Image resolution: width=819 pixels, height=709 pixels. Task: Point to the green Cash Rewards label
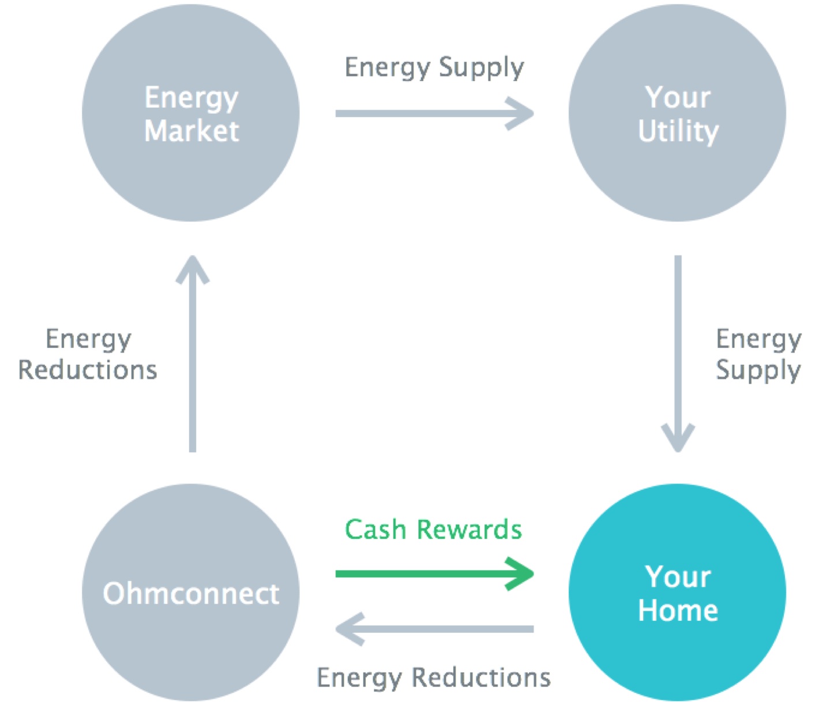(433, 529)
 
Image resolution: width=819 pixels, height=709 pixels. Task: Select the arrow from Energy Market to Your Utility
(433, 113)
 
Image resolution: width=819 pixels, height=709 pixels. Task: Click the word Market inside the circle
(191, 131)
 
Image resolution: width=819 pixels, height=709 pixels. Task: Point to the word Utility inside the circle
(678, 132)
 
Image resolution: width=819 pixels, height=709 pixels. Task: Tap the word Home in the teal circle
(678, 610)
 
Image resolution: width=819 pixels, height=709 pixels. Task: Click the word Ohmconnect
(191, 593)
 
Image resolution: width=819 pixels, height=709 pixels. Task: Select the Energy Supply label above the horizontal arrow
(434, 67)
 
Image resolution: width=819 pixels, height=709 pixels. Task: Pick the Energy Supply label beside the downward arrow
(758, 354)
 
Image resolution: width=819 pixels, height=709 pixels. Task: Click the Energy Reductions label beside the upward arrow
(88, 354)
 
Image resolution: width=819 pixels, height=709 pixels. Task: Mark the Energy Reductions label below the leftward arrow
(434, 677)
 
